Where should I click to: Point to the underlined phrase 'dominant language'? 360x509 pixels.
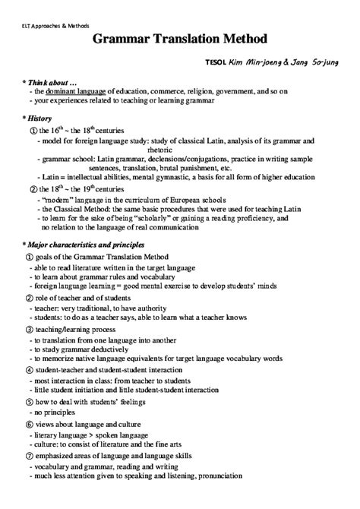coord(78,91)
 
